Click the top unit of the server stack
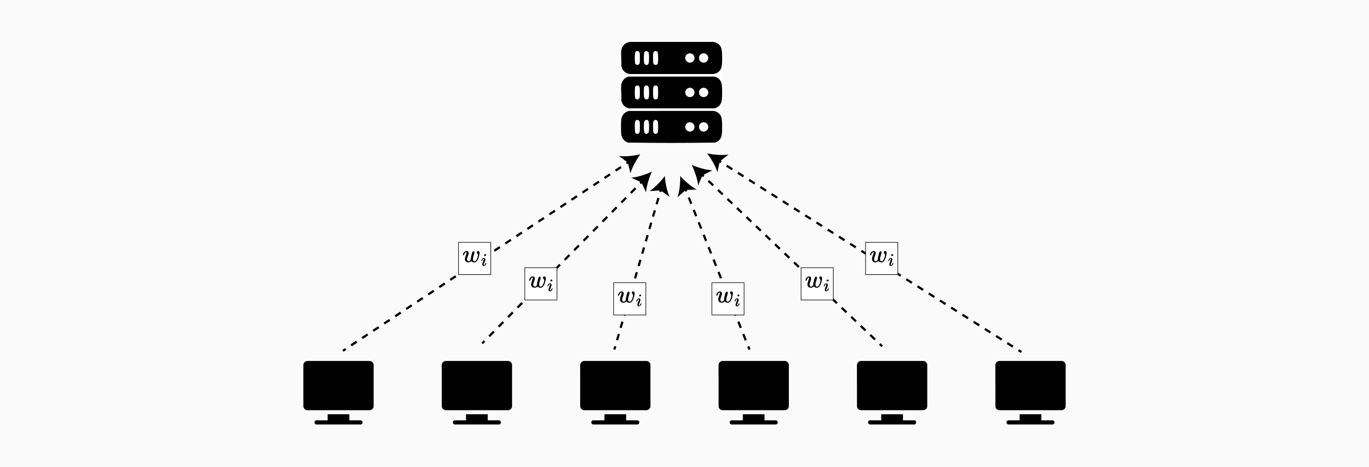tap(671, 58)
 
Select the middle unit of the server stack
tap(671, 93)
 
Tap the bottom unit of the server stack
tap(671, 127)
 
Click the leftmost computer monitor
tap(338, 385)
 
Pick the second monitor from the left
tap(477, 385)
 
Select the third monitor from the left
tap(615, 385)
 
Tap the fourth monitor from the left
tap(754, 385)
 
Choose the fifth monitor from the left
tap(892, 385)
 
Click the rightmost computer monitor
tap(1030, 385)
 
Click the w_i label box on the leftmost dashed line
tap(475, 258)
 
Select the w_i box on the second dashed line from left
tap(541, 284)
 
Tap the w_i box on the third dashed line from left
tap(630, 299)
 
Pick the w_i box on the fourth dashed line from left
tap(728, 299)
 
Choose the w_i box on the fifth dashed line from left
tap(817, 284)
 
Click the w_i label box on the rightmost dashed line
tap(881, 258)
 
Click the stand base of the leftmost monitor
tap(338, 422)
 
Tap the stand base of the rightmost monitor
tap(1030, 422)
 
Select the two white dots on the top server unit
tap(696, 58)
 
